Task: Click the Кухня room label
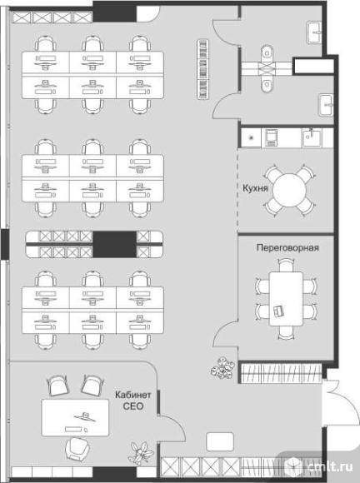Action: click(x=255, y=188)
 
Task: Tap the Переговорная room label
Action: click(x=287, y=247)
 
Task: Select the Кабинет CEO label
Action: click(x=133, y=401)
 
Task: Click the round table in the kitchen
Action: click(x=289, y=191)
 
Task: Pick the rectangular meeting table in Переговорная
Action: click(x=286, y=299)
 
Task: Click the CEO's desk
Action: click(x=75, y=418)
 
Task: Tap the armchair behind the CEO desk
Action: click(x=78, y=450)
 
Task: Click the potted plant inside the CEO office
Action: click(x=141, y=453)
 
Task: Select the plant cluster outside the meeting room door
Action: click(x=222, y=368)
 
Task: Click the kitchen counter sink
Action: click(x=312, y=137)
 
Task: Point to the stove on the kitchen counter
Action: click(x=270, y=137)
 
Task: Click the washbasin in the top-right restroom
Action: click(x=314, y=32)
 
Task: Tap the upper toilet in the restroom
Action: click(x=267, y=53)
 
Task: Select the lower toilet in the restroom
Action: click(x=267, y=84)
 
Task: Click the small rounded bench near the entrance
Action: click(x=220, y=441)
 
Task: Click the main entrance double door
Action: click(x=341, y=404)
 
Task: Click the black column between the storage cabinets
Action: click(x=114, y=244)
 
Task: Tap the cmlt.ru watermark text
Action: click(x=330, y=467)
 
